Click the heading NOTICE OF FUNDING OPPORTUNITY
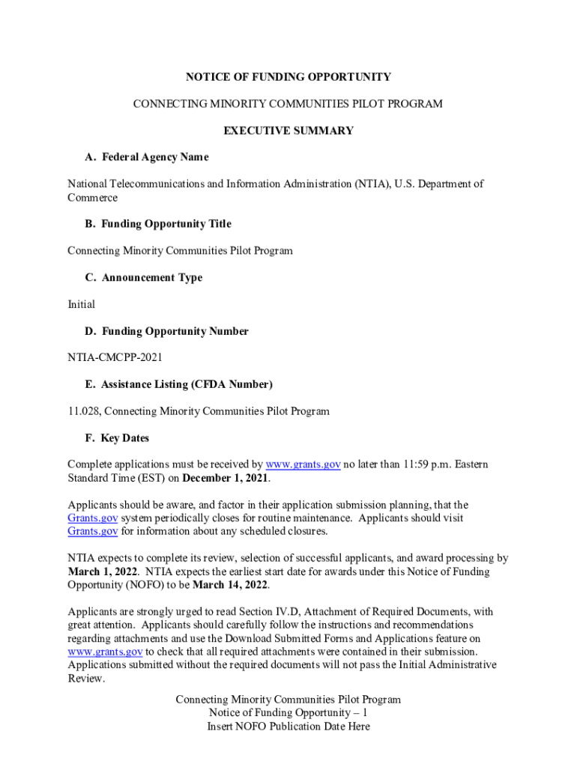288,77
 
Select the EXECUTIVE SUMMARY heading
288,131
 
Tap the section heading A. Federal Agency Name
147,157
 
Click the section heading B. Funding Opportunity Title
158,224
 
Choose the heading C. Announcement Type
144,278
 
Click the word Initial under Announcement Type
82,305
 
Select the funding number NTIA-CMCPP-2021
115,358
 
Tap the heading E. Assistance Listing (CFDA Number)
179,385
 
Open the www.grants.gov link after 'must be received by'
303,465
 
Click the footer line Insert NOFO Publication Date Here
288,727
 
